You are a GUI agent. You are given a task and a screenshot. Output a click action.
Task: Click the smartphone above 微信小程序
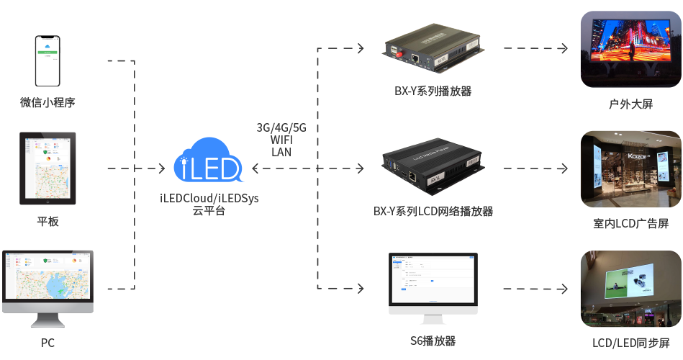[x=48, y=61]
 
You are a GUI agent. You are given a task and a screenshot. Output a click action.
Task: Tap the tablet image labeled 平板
[x=48, y=168]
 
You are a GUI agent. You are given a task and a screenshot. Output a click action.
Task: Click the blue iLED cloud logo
[x=208, y=161]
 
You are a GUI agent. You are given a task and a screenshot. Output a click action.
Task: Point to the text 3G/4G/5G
[x=281, y=127]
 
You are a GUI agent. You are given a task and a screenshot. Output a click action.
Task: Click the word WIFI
[x=281, y=140]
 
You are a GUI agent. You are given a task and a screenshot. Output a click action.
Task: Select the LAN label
[x=281, y=152]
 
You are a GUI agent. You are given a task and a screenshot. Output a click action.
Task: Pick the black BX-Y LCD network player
[x=432, y=167]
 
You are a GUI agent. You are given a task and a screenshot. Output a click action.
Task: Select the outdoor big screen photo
[x=630, y=49]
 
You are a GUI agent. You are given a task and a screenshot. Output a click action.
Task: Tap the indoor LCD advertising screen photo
[x=630, y=168]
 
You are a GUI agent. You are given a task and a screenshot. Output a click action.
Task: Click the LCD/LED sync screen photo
[x=630, y=288]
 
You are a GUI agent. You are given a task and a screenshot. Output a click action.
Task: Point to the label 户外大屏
[x=630, y=104]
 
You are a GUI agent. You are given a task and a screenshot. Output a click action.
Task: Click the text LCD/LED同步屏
[x=630, y=343]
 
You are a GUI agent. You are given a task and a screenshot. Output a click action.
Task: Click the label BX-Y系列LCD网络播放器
[x=433, y=212]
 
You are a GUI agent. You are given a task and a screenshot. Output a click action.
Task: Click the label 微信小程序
[x=48, y=102]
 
